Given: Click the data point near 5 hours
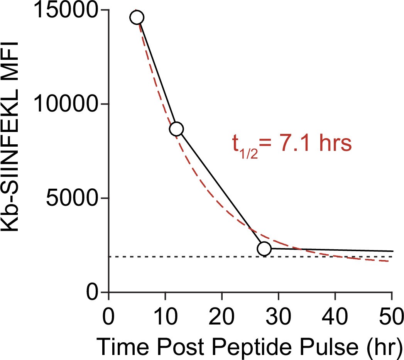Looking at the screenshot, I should click(x=137, y=17).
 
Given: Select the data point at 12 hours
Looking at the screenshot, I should click(x=176, y=129).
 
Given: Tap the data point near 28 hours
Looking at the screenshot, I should click(x=264, y=249).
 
